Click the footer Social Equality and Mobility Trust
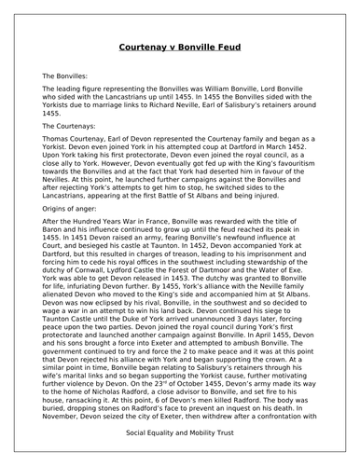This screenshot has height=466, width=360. tap(179, 444)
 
